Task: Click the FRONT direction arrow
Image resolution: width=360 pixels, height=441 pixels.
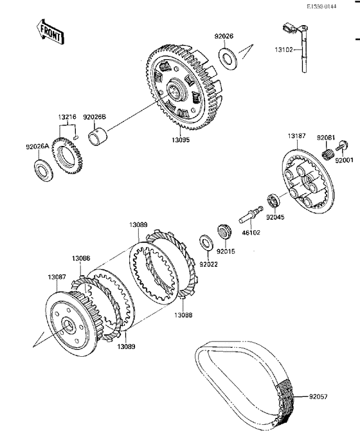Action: (50, 33)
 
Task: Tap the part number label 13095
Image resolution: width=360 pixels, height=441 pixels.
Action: (181, 139)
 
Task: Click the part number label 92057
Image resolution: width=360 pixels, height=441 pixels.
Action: (318, 397)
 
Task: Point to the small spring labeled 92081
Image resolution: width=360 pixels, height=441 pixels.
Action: (328, 155)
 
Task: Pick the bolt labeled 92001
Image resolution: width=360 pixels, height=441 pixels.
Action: (342, 146)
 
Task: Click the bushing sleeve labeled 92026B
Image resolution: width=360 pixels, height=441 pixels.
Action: (98, 136)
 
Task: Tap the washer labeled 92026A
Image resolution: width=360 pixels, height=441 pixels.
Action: (43, 170)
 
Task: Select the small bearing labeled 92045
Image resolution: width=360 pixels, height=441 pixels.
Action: (273, 201)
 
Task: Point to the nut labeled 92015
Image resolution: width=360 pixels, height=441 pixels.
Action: (224, 231)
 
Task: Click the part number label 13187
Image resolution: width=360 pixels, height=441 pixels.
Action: (297, 136)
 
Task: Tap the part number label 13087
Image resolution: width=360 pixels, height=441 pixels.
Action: (57, 277)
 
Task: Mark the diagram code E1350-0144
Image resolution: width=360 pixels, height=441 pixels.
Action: (321, 6)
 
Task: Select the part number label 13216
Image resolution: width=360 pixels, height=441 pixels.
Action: (67, 117)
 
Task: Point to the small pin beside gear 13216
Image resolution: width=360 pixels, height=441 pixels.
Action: (76, 138)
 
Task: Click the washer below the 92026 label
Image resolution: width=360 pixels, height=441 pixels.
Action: (228, 59)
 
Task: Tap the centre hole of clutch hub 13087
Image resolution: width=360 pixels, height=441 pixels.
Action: (67, 325)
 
